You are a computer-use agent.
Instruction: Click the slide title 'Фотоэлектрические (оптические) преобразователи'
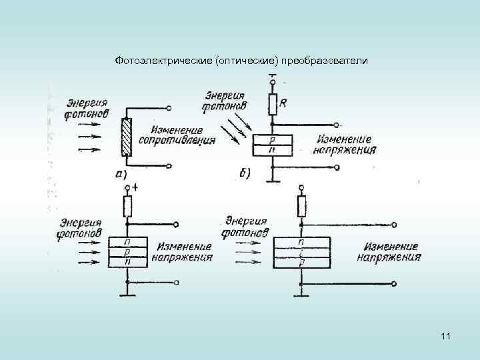coord(241,61)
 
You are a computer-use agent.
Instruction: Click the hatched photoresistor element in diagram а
coord(127,138)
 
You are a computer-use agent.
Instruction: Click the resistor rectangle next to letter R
coord(273,104)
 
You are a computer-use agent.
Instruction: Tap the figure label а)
coord(121,174)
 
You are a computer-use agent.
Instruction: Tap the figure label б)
coord(245,174)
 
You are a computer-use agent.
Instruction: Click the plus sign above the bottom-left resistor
coord(135,187)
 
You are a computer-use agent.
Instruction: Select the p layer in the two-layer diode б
coord(272,140)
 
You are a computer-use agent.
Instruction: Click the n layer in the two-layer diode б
coord(272,150)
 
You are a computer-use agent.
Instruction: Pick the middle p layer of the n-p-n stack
coord(127,253)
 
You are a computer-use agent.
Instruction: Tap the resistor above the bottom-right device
coord(301,207)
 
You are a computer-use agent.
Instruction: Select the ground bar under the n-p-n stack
coord(127,295)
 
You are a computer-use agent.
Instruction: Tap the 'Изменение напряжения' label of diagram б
coord(347,145)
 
